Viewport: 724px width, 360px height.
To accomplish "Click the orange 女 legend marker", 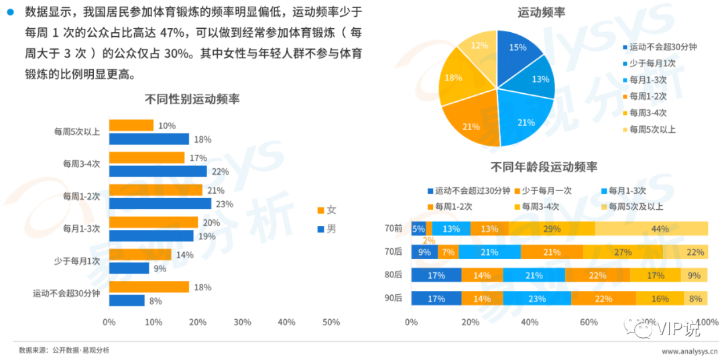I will point(319,211).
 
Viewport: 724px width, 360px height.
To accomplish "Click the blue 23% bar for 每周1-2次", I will point(160,204).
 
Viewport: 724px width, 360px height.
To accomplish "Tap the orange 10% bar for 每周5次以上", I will point(131,125).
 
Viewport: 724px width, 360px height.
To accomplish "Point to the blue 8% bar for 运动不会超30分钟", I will point(127,300).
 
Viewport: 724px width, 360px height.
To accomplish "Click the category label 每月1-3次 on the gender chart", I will point(81,229).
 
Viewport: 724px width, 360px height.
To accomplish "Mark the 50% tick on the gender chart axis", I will point(330,322).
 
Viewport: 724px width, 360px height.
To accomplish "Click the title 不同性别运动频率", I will point(192,99).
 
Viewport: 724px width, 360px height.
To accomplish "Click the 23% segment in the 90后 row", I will point(537,299).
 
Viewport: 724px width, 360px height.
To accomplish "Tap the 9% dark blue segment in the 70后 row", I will point(424,252).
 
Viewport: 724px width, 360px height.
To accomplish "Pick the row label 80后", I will point(394,275).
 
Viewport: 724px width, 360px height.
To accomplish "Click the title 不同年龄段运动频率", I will point(544,167).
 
